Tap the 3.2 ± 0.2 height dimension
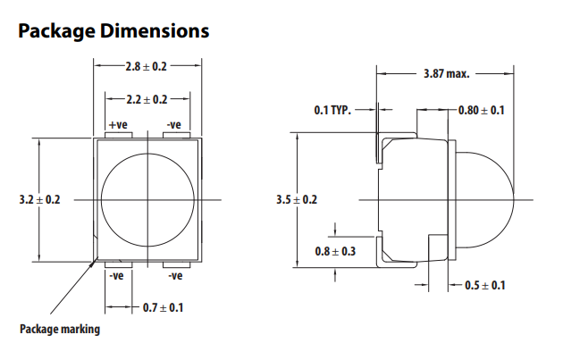(39, 200)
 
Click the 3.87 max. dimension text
(447, 73)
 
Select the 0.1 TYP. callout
(332, 110)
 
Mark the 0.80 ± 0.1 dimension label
(482, 110)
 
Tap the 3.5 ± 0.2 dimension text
(297, 200)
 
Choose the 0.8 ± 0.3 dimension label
(335, 251)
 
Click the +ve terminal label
(118, 125)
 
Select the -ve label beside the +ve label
(174, 125)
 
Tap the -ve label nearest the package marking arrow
(116, 276)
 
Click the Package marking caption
(60, 329)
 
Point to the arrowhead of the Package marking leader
(97, 260)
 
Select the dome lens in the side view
(487, 199)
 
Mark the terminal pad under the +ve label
(119, 135)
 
